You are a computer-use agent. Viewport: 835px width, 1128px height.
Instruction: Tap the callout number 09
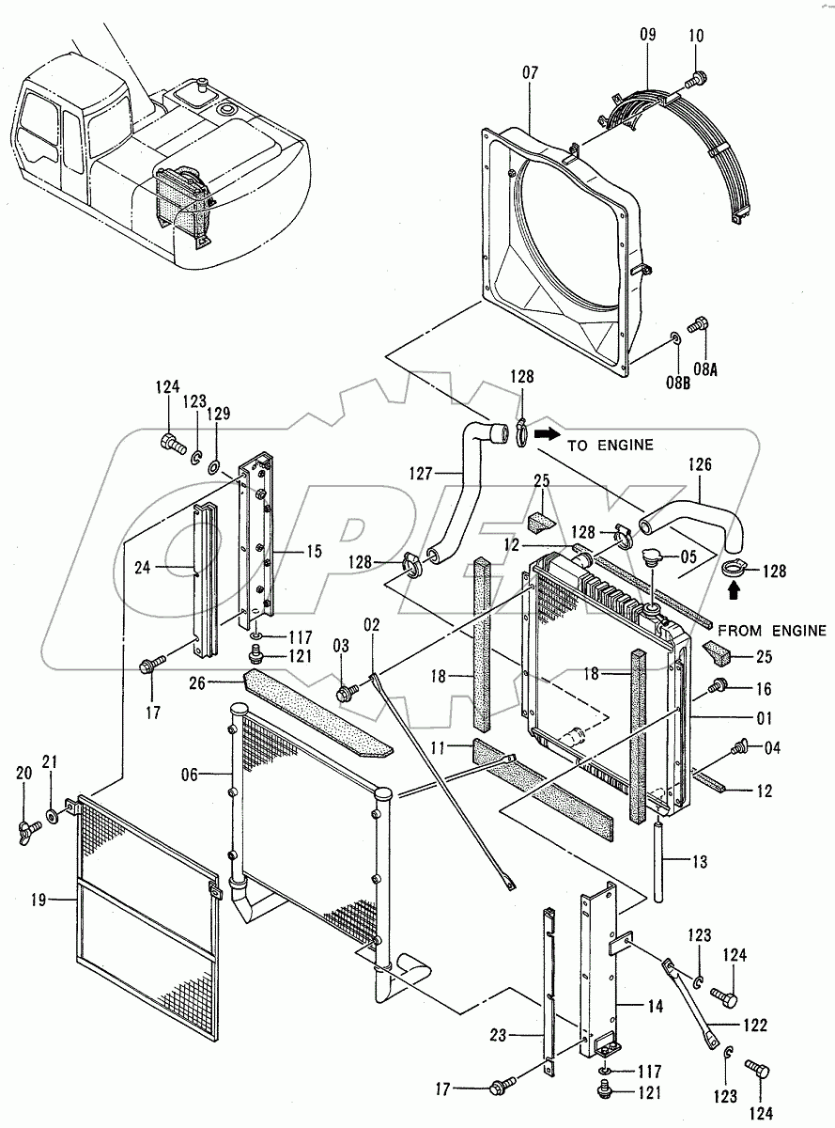(x=648, y=36)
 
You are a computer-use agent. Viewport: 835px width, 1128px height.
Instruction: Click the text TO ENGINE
(x=610, y=445)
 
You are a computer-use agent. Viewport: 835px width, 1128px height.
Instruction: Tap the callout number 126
(x=700, y=464)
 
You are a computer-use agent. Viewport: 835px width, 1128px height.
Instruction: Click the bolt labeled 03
(x=346, y=693)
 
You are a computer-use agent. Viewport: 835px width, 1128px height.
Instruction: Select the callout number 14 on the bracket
(x=654, y=1006)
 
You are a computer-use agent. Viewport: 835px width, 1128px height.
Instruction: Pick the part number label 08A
(x=705, y=369)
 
